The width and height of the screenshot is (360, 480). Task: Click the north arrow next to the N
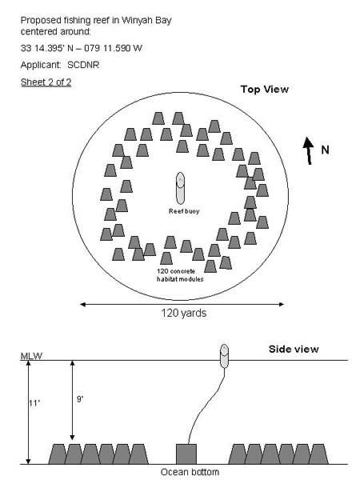pos(309,150)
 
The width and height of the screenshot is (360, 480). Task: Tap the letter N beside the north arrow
pos(325,150)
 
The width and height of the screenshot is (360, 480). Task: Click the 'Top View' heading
pos(265,89)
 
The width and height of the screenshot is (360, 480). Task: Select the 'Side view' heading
pos(294,349)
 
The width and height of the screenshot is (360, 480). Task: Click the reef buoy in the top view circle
pos(180,188)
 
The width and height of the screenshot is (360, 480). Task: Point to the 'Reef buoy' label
pos(184,211)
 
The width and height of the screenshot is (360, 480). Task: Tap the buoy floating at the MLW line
pos(224,356)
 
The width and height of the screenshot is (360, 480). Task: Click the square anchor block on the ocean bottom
pos(186,454)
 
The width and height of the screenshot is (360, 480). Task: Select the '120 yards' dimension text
pos(184,313)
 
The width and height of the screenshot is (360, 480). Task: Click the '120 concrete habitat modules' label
pos(180,275)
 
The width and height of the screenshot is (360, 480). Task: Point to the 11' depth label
pos(34,403)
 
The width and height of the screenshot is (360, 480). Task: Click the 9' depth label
pos(80,399)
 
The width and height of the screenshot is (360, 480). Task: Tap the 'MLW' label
pos(31,356)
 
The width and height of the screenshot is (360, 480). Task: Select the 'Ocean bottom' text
pos(190,472)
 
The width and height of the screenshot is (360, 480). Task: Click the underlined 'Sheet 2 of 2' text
pos(46,82)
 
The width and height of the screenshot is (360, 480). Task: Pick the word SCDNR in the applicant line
pos(83,65)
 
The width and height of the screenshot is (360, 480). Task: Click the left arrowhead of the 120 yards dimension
pos(82,304)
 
